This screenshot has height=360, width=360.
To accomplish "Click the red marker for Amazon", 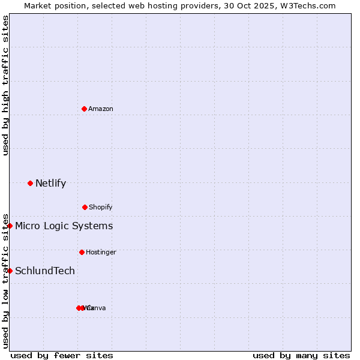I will [x=84, y=109].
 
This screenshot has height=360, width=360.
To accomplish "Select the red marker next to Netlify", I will [x=30, y=183].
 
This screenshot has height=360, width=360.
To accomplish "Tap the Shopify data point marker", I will [x=85, y=207].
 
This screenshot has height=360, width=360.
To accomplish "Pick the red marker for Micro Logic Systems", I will [x=10, y=226].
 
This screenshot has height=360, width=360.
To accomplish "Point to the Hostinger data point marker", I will [x=82, y=252].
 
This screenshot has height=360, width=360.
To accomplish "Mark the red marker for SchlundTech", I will [x=10, y=271].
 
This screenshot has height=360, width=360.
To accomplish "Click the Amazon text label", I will [x=101, y=109].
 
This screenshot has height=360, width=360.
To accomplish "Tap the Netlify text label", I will [x=50, y=183].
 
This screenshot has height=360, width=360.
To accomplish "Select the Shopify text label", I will [x=101, y=207].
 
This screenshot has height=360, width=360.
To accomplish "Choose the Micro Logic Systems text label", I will [x=64, y=226].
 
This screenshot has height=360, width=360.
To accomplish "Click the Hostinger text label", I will [x=101, y=252].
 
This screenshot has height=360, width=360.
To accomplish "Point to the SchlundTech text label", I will [x=45, y=271].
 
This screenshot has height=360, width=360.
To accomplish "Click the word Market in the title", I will [x=38, y=5].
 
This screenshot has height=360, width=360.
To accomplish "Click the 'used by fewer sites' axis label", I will [x=62, y=355].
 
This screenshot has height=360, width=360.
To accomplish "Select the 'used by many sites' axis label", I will [x=301, y=355].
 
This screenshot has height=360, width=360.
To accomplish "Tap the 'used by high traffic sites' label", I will [x=5, y=85].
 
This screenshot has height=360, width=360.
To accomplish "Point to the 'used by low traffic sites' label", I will [x=5, y=280].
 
